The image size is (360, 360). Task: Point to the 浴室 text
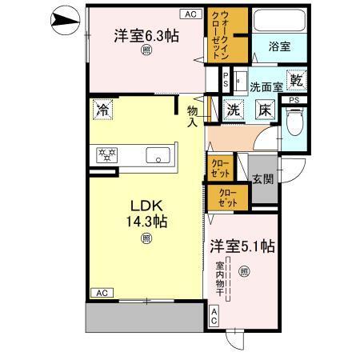tap(279, 47)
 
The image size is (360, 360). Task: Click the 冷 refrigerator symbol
tap(102, 107)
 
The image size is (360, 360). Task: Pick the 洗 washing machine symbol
tap(234, 111)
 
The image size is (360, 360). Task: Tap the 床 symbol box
tap(265, 111)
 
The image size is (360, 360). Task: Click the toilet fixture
tap(294, 120)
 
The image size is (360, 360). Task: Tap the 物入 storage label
tap(193, 117)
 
